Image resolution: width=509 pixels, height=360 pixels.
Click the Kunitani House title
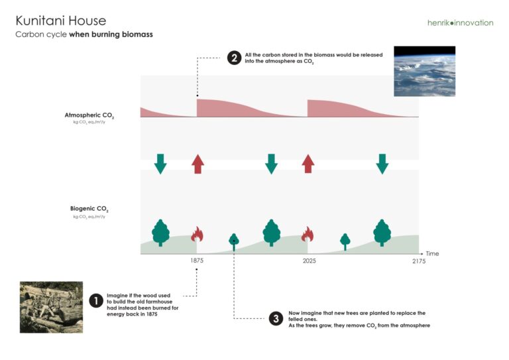click(61, 21)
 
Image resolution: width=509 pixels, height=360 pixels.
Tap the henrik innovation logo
click(461, 23)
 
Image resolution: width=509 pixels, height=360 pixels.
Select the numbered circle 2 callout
click(234, 58)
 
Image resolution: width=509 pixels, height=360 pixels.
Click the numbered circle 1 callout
click(95, 301)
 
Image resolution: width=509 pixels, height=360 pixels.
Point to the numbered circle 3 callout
click(276, 318)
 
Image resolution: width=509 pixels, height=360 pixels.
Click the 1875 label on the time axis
click(197, 261)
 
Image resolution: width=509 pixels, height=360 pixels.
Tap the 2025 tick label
click(309, 261)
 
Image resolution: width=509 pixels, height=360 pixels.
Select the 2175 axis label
click(419, 261)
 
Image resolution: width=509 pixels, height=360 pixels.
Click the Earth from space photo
click(425, 71)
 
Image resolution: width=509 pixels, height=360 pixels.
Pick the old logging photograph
click(51, 307)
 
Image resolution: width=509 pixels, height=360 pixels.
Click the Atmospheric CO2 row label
click(89, 115)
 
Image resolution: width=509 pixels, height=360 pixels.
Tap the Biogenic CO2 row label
click(89, 209)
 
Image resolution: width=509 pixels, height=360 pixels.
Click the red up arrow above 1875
click(198, 164)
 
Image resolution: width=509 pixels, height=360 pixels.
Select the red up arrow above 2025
click(308, 164)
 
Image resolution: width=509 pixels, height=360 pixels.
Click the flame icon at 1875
click(197, 234)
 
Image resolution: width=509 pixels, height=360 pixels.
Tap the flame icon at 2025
click(308, 234)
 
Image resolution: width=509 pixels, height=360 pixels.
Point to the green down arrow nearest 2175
click(382, 164)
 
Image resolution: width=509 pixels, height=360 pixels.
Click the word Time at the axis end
click(432, 253)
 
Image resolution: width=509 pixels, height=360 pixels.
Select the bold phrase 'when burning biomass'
click(111, 34)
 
